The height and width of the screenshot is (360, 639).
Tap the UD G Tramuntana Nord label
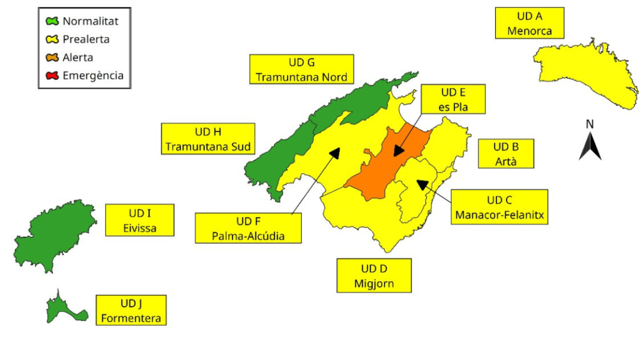(301, 69)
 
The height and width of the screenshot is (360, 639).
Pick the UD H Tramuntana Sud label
(208, 139)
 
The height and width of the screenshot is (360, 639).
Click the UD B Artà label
(505, 153)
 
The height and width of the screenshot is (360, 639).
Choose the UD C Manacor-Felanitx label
(499, 207)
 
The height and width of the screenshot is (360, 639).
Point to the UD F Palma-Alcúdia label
(248, 228)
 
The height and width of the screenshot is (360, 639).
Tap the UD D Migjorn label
(374, 275)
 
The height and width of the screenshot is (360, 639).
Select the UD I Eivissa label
(140, 221)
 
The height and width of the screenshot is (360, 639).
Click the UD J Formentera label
(131, 310)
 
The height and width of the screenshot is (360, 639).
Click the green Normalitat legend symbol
(52, 22)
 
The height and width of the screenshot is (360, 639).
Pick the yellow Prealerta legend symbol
(52, 39)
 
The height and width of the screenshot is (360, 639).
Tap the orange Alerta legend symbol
(52, 58)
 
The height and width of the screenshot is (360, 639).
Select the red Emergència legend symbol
(52, 76)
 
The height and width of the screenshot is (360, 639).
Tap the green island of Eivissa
(53, 237)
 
